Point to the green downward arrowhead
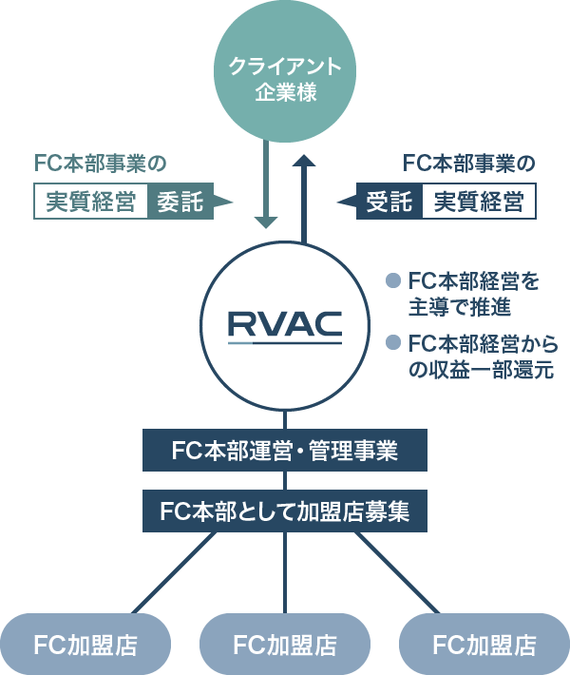click(266, 221)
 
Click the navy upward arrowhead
click(304, 163)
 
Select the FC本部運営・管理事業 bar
click(285, 451)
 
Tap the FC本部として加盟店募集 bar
click(285, 511)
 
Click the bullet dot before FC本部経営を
click(391, 281)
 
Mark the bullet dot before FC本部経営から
click(391, 342)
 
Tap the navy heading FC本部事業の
click(469, 164)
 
